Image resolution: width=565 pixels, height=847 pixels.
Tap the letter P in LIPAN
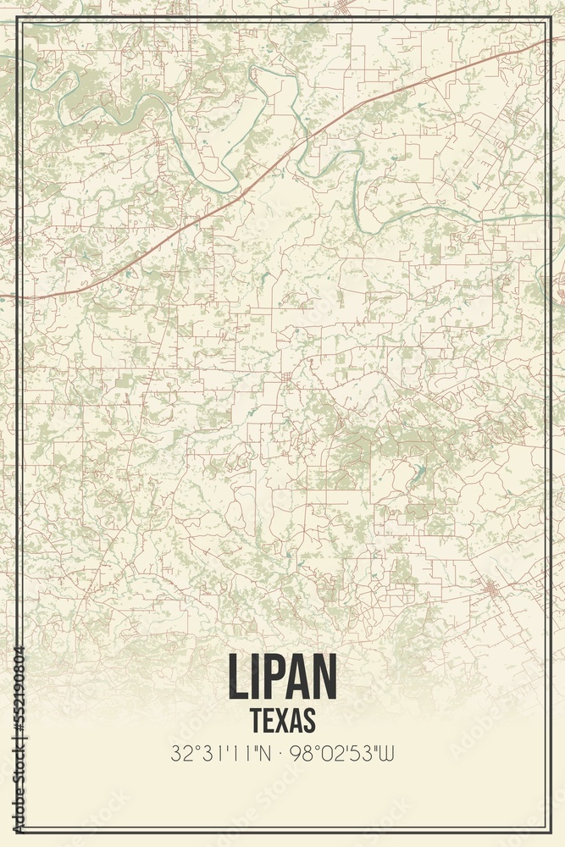point(271,678)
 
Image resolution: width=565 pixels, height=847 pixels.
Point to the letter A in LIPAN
point(296,678)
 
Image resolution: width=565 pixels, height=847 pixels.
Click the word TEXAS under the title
point(283,719)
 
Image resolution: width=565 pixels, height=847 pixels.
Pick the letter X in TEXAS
point(284,719)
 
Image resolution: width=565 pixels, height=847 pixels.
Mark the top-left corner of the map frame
point(19,19)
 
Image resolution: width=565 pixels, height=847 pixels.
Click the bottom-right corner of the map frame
point(546,828)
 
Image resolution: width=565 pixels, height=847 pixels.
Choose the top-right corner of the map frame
point(546,19)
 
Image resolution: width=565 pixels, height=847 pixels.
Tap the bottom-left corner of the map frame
point(19,828)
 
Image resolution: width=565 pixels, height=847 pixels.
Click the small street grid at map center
point(287,378)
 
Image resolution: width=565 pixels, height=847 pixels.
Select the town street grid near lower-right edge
point(489,587)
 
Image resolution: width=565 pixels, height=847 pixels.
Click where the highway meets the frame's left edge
point(21,297)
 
